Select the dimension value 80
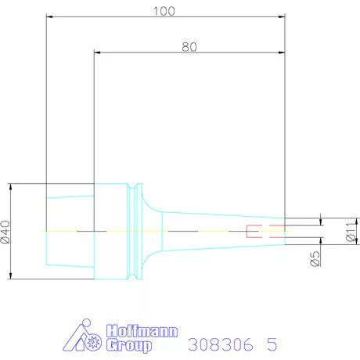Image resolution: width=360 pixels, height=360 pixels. (189, 46)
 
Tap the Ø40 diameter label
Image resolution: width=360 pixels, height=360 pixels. (7, 232)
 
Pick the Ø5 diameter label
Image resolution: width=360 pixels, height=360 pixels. (315, 257)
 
